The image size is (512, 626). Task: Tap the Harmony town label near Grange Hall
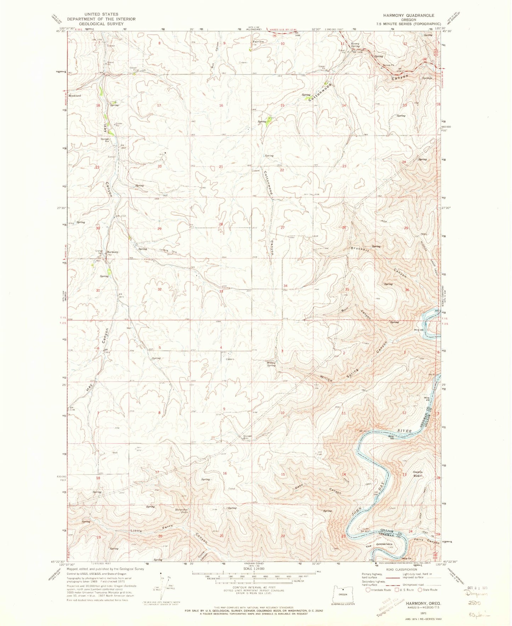[113, 252]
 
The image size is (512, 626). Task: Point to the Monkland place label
[75, 96]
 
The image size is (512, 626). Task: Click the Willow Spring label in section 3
[271, 364]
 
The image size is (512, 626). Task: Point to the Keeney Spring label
[355, 45]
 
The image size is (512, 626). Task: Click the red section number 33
[221, 291]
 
